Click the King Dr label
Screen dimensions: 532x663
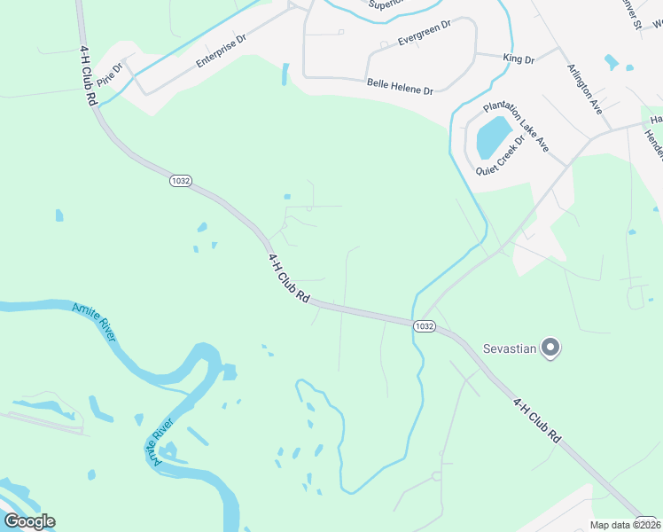click(519, 59)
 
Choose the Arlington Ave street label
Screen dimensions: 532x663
click(585, 88)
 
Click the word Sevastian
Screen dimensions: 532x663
click(509, 348)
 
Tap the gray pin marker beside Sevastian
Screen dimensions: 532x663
click(550, 347)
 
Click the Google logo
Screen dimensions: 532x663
click(29, 520)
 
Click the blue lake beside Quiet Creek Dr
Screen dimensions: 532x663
click(494, 136)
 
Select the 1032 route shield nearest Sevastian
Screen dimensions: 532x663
click(424, 326)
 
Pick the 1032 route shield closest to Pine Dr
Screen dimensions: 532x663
click(180, 180)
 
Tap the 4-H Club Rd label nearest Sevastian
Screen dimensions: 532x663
click(537, 420)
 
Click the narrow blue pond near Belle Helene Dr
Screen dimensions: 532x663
click(285, 74)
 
